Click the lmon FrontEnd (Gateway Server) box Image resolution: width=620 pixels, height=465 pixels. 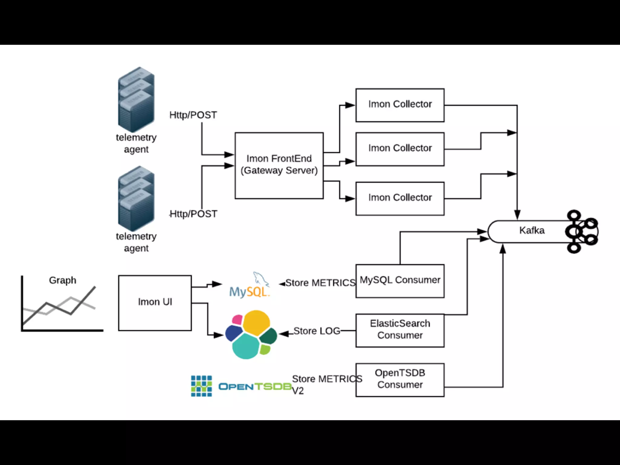pos(279,166)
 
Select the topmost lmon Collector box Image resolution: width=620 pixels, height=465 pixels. pos(400,105)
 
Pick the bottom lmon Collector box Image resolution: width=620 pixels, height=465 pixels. pos(400,199)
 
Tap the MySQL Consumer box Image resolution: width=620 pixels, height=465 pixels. pos(400,281)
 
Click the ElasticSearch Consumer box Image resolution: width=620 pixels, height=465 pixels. pos(400,330)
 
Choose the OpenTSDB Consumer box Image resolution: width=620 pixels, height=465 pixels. pos(400,380)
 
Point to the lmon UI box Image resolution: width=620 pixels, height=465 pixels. pos(155,303)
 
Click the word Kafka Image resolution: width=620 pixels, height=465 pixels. pos(532,230)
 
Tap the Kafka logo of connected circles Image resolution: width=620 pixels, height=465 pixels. pos(581,232)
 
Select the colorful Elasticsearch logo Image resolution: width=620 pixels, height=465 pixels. pos(251,335)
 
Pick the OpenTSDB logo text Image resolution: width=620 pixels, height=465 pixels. pos(255,387)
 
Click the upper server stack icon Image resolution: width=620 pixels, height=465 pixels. pos(136,99)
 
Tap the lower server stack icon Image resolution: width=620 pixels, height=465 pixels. pos(136,198)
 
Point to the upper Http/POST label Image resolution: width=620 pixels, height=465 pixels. pos(193,115)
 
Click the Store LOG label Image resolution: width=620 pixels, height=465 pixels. pos(317,331)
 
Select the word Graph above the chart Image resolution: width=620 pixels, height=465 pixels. pos(63,281)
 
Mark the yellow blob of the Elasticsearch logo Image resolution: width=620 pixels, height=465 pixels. pos(256,323)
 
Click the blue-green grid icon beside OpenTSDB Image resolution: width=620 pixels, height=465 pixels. pos(201,386)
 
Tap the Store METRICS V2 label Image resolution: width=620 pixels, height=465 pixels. pos(327,385)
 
